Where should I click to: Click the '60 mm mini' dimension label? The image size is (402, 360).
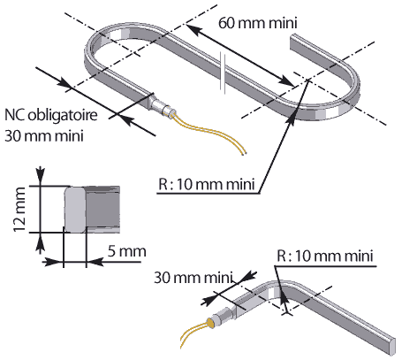(x=258, y=23)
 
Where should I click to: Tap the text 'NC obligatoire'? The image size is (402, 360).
(x=50, y=115)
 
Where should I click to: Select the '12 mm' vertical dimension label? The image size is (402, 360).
(x=19, y=210)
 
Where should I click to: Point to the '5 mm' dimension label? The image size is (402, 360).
(x=127, y=251)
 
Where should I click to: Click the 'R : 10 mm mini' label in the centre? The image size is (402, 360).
(x=207, y=185)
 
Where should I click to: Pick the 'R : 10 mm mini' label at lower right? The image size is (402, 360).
(x=325, y=256)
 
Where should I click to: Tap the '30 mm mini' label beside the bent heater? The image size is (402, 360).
(x=193, y=278)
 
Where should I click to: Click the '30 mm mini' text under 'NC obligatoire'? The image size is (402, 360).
(x=44, y=136)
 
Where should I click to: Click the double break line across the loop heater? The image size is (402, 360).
(x=223, y=73)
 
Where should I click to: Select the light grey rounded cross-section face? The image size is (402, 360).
(x=75, y=210)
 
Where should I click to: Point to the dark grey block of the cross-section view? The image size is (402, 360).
(x=102, y=210)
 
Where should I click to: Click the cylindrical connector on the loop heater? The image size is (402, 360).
(x=162, y=107)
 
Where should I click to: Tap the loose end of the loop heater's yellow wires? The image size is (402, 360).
(x=244, y=153)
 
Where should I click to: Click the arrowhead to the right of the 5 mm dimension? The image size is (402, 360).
(x=95, y=261)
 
